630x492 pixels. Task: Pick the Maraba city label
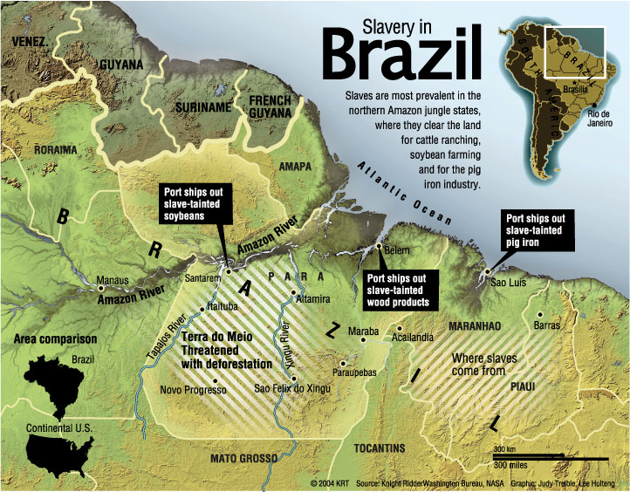click(363, 332)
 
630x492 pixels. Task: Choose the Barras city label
click(545, 325)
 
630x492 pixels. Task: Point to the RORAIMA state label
click(55, 149)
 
